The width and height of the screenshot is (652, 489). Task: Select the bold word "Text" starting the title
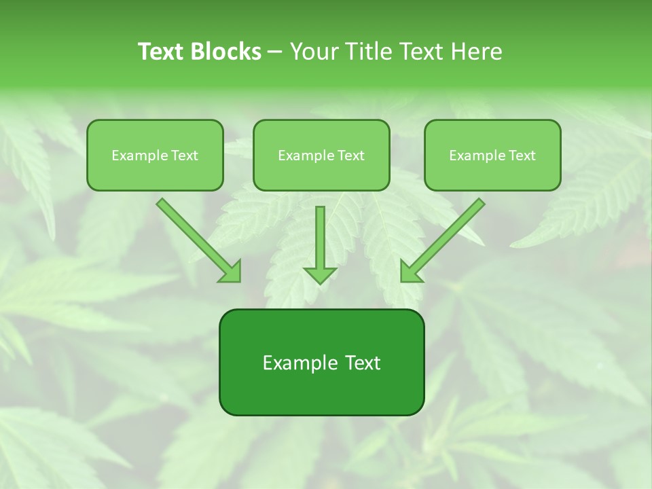tap(162, 52)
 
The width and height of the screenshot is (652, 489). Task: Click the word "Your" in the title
tap(315, 52)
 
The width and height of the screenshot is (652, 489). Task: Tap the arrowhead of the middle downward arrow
tap(320, 274)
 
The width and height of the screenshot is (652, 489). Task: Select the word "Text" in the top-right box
tap(522, 156)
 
